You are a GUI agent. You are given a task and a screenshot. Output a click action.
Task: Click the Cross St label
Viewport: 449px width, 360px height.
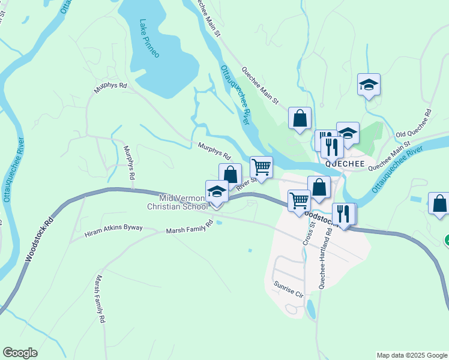pos(310,236)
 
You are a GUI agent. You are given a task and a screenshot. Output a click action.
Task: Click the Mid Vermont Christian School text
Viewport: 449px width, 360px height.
pos(177,202)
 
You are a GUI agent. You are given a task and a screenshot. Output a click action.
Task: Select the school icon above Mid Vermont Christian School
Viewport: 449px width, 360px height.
pos(217,192)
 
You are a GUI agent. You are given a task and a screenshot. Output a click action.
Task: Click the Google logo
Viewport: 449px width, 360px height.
pos(20,353)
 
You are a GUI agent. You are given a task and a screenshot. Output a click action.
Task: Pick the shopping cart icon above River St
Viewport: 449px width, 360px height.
pos(261,167)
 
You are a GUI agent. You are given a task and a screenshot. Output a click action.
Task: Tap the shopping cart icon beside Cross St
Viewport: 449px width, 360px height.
pos(299,200)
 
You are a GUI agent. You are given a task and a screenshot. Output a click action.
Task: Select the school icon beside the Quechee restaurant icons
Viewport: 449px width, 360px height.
pos(348,133)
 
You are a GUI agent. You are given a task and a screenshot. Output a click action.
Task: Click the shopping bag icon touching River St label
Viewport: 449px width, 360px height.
pos(230,175)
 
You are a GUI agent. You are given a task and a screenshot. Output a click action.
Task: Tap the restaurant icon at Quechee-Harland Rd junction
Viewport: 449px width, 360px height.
pos(343,214)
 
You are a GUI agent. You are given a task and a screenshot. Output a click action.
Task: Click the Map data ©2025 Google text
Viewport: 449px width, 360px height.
pos(411,355)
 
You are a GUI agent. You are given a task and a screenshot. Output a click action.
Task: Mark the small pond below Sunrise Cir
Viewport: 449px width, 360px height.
pos(310,310)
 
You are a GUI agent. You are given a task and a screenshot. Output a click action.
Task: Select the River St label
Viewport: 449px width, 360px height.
pos(247,184)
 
